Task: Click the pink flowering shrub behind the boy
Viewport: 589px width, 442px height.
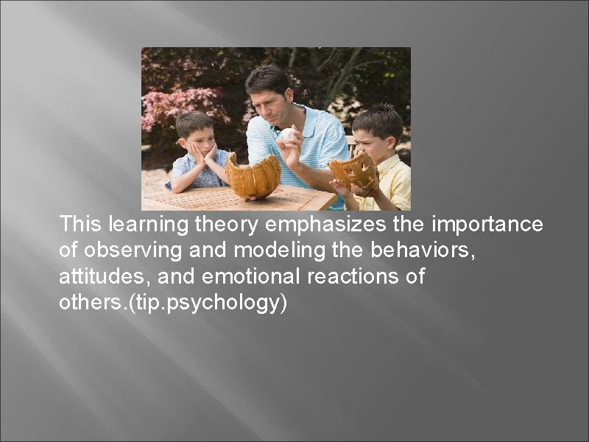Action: [177, 103]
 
